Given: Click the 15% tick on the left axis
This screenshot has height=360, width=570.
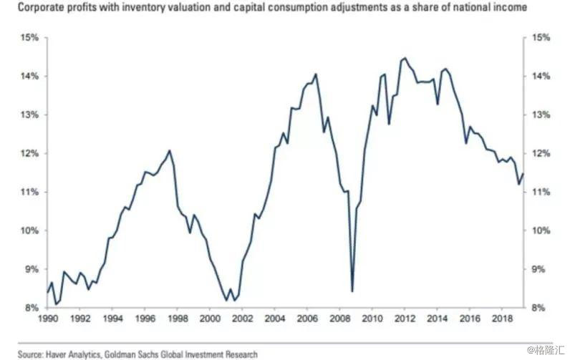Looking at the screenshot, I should point(28,37).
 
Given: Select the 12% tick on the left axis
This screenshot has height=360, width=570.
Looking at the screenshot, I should point(28,153).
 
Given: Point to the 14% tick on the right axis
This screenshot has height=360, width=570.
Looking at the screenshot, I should point(540,76).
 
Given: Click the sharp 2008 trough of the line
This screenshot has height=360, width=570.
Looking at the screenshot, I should point(352,291).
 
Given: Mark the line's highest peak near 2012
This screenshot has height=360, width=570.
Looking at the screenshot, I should point(405,58).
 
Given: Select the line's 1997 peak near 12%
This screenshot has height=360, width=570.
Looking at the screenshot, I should point(169,150).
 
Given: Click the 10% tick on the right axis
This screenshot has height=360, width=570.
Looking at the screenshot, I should point(540,230).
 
